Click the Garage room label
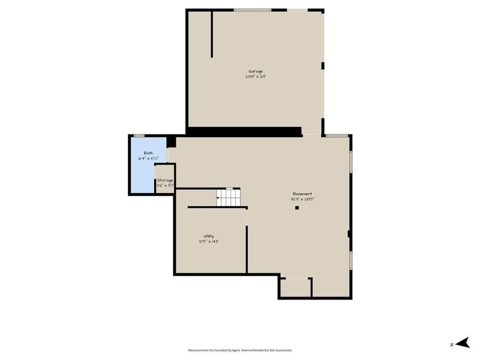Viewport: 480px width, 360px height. click(255, 71)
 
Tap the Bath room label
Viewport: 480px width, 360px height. click(148, 153)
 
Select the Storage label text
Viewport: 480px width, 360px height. click(165, 180)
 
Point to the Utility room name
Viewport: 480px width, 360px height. click(209, 236)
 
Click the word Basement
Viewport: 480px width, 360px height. click(302, 194)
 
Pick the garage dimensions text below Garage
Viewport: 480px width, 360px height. click(255, 77)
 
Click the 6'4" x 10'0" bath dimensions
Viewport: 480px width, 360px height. click(148, 158)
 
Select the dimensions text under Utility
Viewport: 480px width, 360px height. click(209, 241)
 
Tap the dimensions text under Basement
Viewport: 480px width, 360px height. click(302, 199)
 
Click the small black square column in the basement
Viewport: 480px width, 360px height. click(297, 208)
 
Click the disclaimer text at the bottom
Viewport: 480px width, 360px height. click(240, 350)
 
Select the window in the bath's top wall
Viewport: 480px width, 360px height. click(139, 135)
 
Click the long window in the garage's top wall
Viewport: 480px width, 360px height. click(252, 10)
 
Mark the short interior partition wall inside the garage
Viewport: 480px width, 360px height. click(212, 34)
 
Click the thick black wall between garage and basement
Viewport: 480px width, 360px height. click(244, 131)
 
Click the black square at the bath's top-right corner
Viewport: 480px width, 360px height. click(171, 142)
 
